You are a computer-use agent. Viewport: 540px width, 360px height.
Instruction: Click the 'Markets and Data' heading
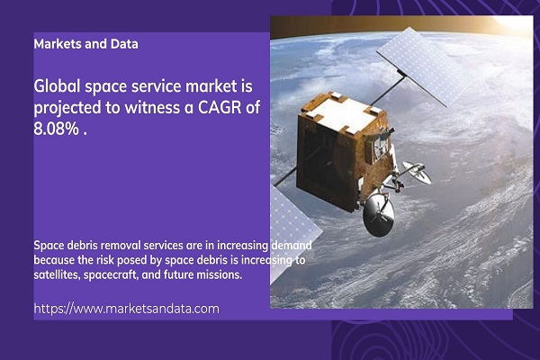coord(85,44)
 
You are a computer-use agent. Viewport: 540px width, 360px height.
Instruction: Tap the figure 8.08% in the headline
coord(57,129)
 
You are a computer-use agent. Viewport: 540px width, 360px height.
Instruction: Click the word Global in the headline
coord(57,85)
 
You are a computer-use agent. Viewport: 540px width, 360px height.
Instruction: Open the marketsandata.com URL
coord(126,309)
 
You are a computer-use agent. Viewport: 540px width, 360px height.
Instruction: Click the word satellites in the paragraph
coord(58,274)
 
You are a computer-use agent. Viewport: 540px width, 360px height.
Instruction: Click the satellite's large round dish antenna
coord(379,214)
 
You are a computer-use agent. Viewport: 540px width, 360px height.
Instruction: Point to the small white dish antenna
coord(417,172)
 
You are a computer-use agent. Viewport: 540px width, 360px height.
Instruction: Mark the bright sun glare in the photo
coord(513,24)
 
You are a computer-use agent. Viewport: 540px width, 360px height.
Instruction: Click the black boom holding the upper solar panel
coord(388,91)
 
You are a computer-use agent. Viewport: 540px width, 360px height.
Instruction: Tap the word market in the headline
coord(211,85)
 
